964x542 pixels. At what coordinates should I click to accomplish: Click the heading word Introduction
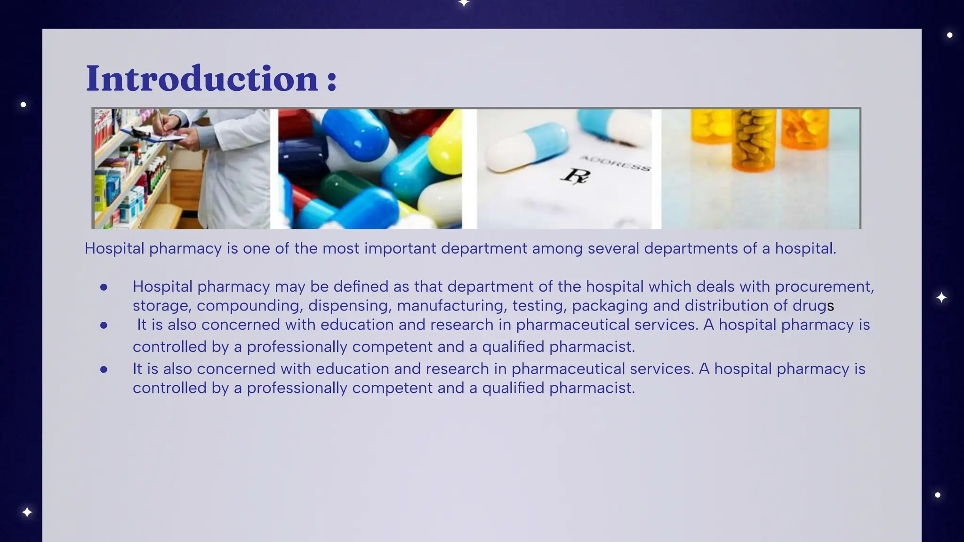(x=202, y=78)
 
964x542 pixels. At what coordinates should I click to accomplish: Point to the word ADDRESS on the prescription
(x=615, y=163)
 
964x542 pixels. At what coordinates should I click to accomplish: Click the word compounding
(x=249, y=306)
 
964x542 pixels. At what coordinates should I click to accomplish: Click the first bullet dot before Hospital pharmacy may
(x=104, y=287)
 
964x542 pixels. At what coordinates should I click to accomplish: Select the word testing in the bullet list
(x=539, y=306)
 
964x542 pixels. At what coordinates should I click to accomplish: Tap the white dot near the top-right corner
(x=949, y=35)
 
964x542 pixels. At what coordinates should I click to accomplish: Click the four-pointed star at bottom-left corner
(x=27, y=512)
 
